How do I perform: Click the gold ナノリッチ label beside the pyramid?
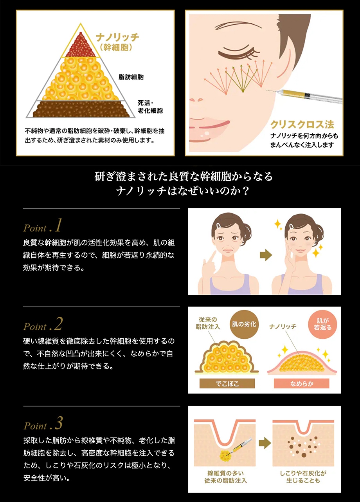point(117,38)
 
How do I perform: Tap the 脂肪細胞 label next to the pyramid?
point(131,77)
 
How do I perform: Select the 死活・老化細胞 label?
point(150,107)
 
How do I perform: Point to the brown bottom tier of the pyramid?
point(81,109)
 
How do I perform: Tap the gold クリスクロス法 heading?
point(302,125)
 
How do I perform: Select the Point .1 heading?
point(42,226)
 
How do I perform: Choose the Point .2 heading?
point(43,325)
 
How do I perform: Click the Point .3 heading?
point(43,424)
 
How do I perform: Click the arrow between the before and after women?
point(266,255)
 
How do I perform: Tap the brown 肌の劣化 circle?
point(244,324)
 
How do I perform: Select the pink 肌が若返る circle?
point(322,324)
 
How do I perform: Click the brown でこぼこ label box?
point(227,383)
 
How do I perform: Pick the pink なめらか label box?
point(302,383)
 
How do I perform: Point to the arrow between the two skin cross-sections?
point(265,443)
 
